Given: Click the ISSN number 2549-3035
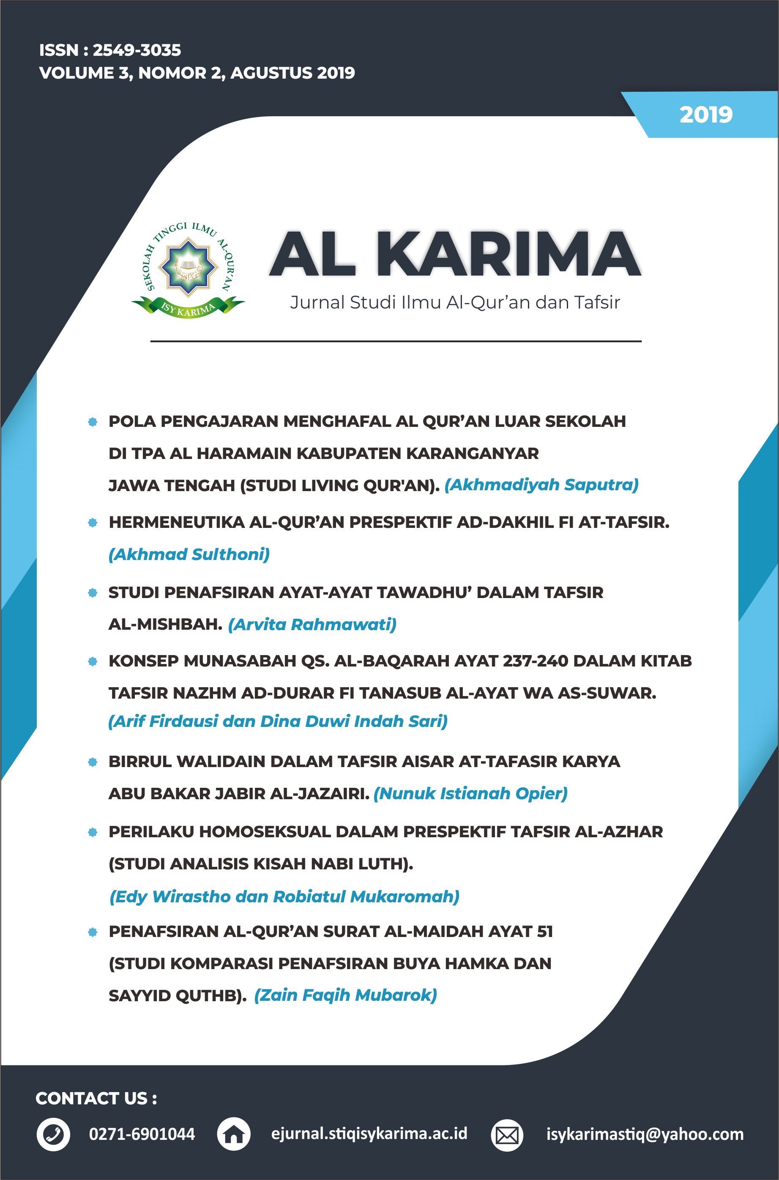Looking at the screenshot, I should click(137, 50).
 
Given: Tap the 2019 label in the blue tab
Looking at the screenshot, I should click(705, 115).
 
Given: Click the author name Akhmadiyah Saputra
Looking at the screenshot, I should click(541, 485).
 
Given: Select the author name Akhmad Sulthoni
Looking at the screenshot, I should click(189, 554).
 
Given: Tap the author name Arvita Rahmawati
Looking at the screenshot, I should click(312, 624).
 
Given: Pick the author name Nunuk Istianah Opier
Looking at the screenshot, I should click(470, 794).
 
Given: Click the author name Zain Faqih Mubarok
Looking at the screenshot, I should click(345, 995).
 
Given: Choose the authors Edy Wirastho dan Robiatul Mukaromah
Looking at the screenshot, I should click(284, 896).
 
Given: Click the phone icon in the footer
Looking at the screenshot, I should click(53, 1134).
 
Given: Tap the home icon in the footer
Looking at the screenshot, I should click(234, 1134).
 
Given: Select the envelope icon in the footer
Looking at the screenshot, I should click(507, 1135).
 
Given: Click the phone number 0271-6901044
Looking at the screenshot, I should click(142, 1134).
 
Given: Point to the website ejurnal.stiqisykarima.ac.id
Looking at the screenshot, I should click(369, 1134).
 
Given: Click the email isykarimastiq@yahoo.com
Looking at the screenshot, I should click(645, 1134).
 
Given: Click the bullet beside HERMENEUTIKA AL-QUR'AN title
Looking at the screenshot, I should click(93, 522).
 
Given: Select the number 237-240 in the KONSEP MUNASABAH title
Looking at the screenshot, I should click(536, 661).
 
